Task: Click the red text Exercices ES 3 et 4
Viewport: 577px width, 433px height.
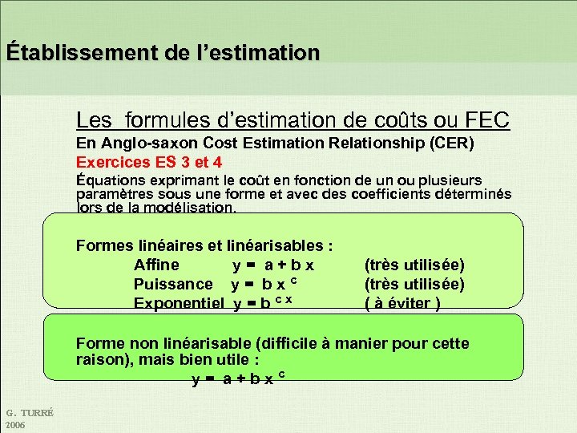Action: click(149, 162)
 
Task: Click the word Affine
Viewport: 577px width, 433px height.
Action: click(156, 265)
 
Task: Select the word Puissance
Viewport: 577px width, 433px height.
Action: click(173, 284)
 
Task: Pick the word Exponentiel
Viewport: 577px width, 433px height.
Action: click(180, 303)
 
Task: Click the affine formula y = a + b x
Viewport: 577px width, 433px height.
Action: click(273, 265)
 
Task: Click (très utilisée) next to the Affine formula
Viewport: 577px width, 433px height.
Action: click(414, 265)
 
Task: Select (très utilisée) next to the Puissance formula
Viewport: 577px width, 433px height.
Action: click(414, 284)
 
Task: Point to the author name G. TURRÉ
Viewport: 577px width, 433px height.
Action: click(29, 413)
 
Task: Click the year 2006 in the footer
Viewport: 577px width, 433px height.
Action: click(15, 424)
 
